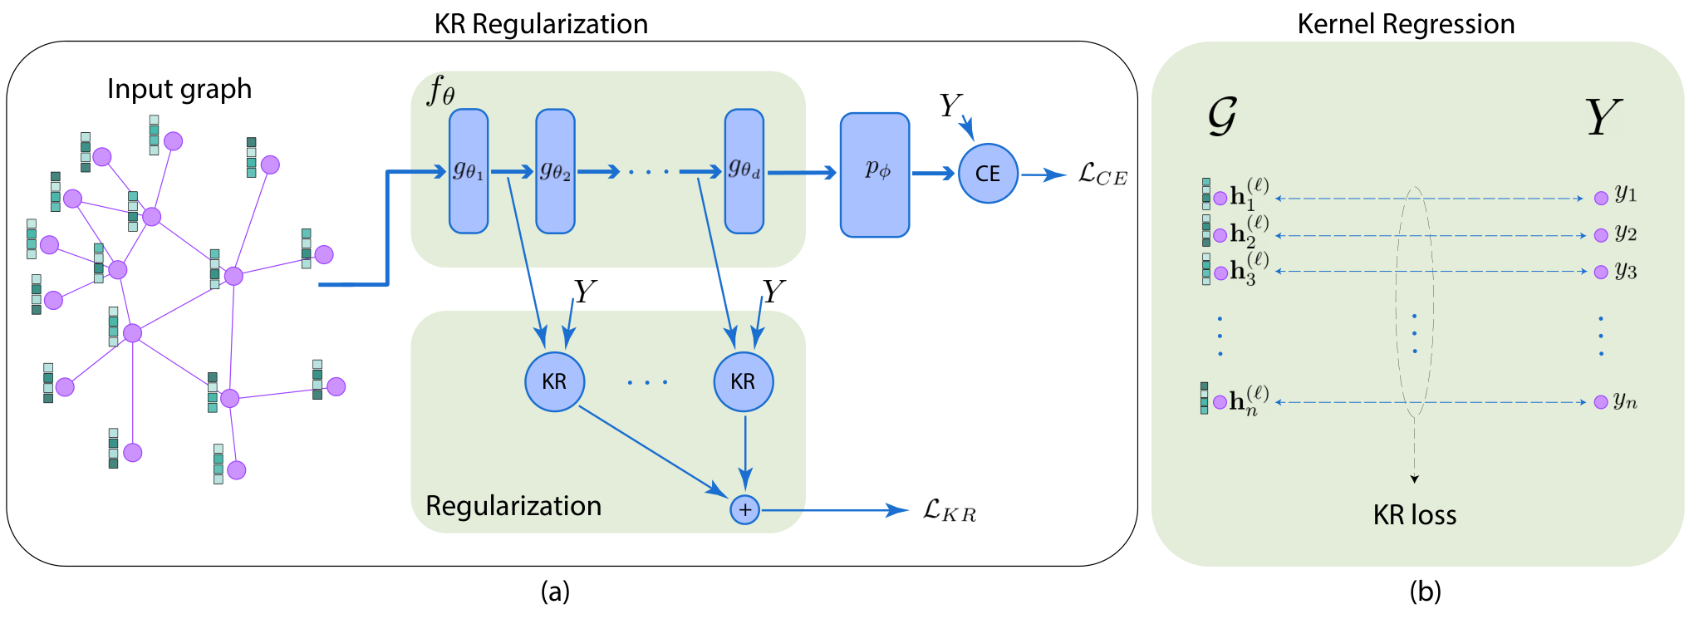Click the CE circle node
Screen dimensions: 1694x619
988,174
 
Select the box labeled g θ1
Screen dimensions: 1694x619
469,171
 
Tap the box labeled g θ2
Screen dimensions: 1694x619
555,171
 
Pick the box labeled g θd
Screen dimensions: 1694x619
744,171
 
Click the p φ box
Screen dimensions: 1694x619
875,174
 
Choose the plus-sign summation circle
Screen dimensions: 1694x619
745,509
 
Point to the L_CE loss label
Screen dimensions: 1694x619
1102,174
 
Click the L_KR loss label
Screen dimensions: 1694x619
950,510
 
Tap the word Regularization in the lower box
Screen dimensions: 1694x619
513,506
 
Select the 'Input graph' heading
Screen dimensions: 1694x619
179,89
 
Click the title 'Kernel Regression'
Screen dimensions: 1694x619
1406,24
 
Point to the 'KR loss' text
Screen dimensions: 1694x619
1415,515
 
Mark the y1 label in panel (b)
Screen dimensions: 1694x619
1626,194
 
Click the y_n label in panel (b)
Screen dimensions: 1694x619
1626,401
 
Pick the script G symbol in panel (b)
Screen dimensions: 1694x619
1222,115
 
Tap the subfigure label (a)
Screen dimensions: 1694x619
555,592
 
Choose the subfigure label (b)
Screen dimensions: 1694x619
1425,592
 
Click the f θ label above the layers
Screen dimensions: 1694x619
441,90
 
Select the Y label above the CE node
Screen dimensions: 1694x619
950,106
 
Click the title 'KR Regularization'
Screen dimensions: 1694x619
541,24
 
